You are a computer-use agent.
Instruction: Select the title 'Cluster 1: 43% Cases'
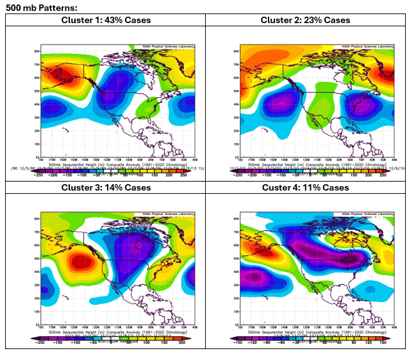coord(106,20)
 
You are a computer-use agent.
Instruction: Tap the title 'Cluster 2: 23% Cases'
coord(305,20)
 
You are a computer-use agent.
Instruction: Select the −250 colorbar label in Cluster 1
coord(38,175)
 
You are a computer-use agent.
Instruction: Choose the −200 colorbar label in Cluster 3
coord(40,343)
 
